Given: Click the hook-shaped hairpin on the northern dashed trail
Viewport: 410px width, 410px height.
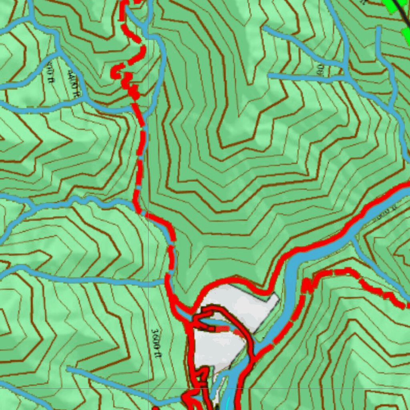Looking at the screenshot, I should pyautogui.click(x=119, y=71).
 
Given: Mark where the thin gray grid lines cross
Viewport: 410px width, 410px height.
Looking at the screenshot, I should pyautogui.click(x=148, y=388).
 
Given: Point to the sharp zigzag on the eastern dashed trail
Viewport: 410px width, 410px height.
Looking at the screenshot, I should pyautogui.click(x=306, y=286).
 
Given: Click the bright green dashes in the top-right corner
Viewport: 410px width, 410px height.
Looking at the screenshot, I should pyautogui.click(x=394, y=8).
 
